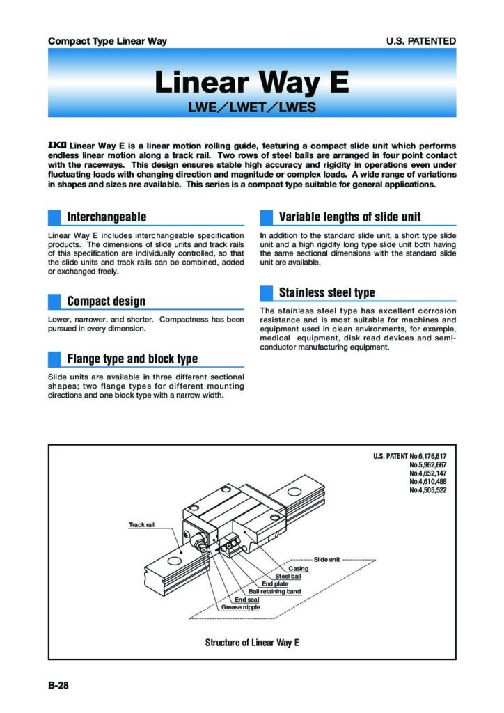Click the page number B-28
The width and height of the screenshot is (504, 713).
click(x=58, y=685)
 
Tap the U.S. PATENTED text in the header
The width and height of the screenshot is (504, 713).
click(x=421, y=41)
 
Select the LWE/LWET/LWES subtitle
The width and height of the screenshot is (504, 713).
click(x=252, y=108)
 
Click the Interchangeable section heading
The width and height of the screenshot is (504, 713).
click(x=107, y=217)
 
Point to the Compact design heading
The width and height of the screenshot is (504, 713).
click(x=107, y=301)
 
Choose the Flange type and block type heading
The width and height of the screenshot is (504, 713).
click(x=132, y=359)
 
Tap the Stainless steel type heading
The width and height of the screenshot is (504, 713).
click(x=326, y=292)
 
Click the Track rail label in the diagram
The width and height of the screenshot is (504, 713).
click(x=141, y=524)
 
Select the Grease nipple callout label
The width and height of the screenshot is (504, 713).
click(x=241, y=607)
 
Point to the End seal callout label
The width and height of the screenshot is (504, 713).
click(x=246, y=600)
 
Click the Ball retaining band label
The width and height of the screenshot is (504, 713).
click(x=275, y=592)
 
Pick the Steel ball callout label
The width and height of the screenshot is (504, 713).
click(x=288, y=577)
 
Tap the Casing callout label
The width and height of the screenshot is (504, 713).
click(x=298, y=569)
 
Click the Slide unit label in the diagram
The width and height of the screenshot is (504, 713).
click(x=326, y=560)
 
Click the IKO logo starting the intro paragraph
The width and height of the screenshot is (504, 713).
click(x=57, y=145)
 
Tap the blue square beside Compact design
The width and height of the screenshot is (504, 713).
click(x=54, y=301)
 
